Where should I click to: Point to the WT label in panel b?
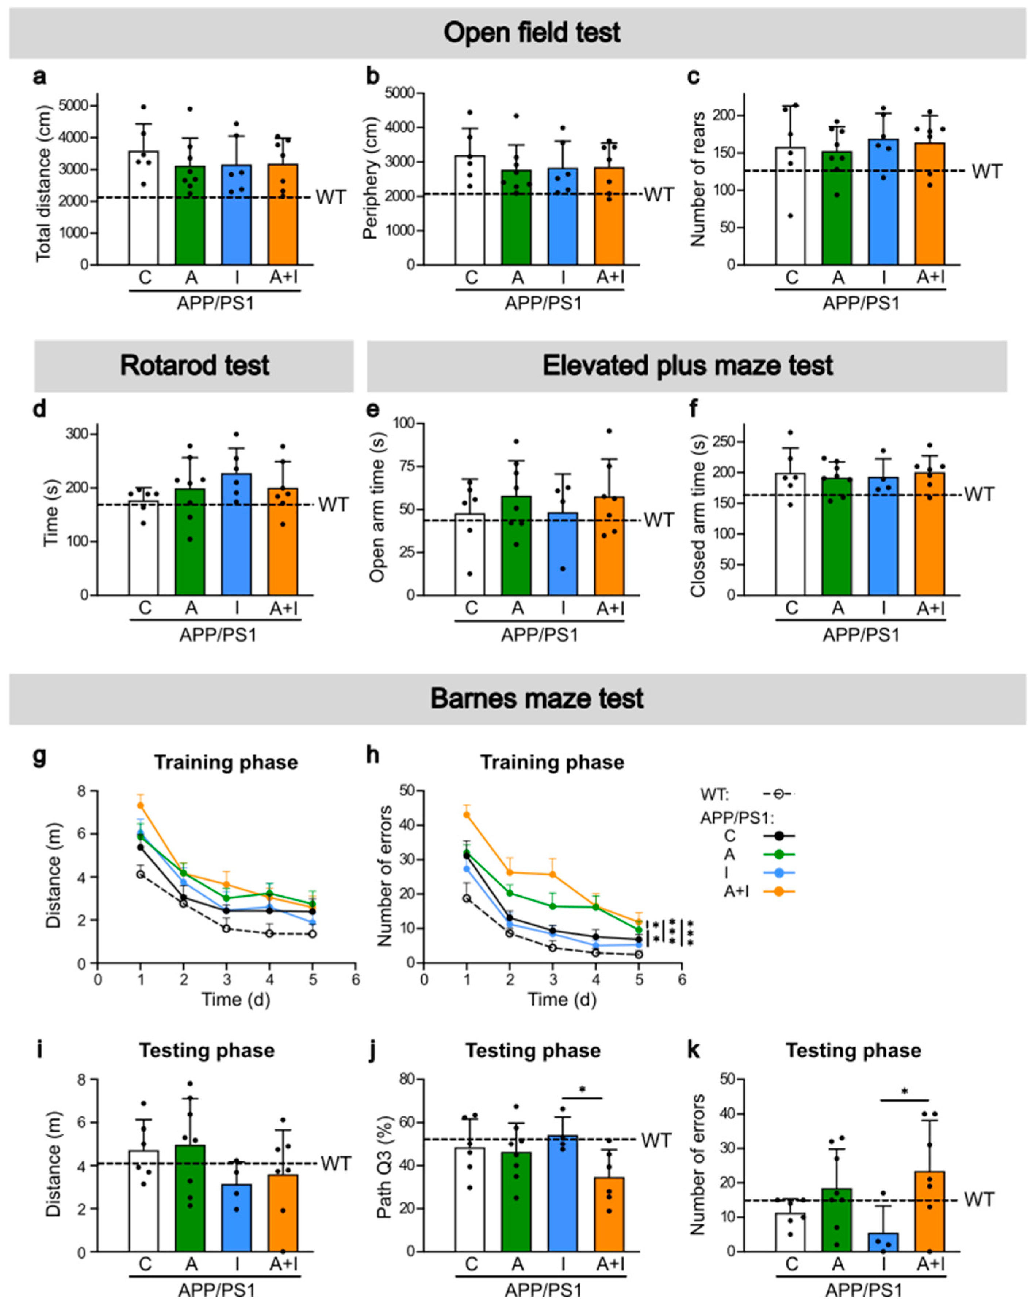659,195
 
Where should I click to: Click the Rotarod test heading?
195,366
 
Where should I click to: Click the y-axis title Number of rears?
698,179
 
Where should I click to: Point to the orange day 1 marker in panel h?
467,815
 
